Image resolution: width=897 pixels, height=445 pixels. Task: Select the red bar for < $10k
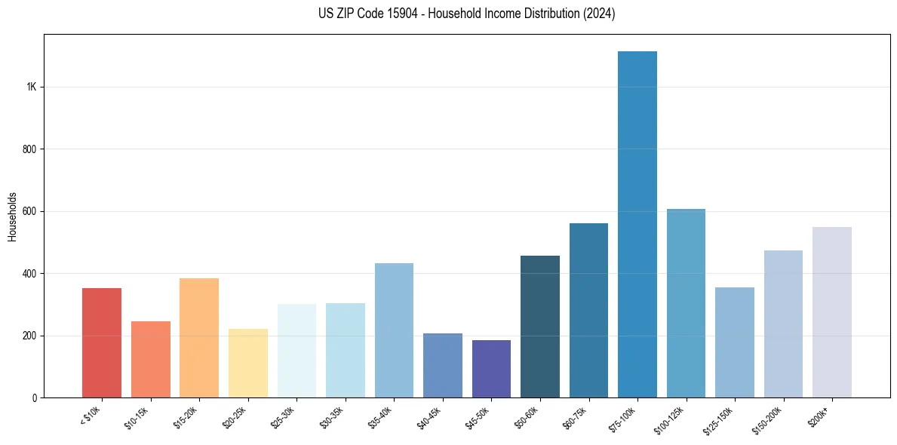pos(102,342)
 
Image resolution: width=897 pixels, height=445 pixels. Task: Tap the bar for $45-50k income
pos(491,369)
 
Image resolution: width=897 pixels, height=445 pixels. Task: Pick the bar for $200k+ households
pos(831,312)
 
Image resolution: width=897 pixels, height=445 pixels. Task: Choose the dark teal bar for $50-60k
pos(540,327)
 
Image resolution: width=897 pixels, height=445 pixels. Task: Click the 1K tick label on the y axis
pos(32,87)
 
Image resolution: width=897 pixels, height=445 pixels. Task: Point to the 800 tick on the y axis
pos(30,149)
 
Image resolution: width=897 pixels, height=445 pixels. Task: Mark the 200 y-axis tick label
pos(30,336)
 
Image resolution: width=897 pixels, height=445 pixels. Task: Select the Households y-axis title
pos(12,216)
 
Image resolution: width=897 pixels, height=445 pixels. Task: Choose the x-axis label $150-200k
pos(767,419)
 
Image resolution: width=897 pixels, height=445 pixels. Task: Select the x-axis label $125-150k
pos(719,419)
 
